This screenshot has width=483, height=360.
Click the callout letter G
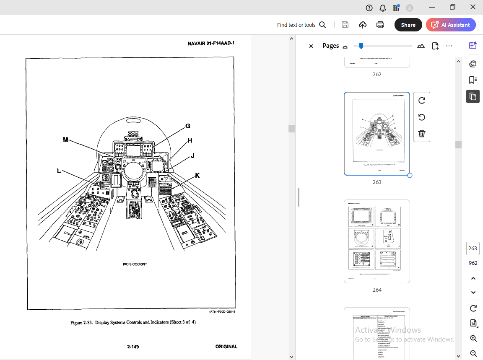coord(188,126)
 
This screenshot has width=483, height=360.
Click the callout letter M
coord(66,140)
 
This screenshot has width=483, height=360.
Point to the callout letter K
coord(197,175)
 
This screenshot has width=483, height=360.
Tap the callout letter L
coord(59,171)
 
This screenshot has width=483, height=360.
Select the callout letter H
coord(190,140)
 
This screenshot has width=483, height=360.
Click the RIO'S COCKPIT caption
coord(135,264)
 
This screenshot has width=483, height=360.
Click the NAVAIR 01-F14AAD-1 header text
coord(211,44)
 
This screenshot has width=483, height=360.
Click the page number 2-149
coord(133,347)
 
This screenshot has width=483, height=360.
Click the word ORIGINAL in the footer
coord(226,347)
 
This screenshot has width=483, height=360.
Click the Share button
coord(408,25)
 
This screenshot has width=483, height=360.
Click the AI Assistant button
coord(451,25)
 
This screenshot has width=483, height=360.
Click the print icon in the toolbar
coord(380,25)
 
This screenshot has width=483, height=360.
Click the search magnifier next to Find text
coord(322,25)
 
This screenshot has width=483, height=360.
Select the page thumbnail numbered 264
coord(377,241)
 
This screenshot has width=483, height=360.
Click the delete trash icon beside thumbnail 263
coord(422,134)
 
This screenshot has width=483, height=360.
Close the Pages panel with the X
coord(311,46)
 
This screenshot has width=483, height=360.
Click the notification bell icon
coord(382,8)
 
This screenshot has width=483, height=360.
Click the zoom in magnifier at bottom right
coord(473,339)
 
